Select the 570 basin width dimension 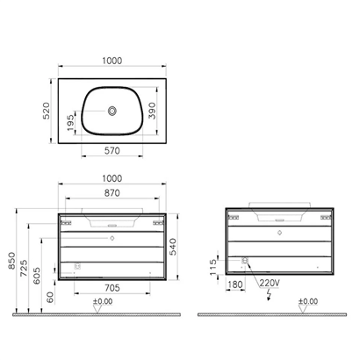pos(112,151)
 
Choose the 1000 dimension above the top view pos(112,61)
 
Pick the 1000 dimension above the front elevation pos(112,178)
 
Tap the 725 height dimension pos(28,263)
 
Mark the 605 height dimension pos(40,273)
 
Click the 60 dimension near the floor pos(51,299)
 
